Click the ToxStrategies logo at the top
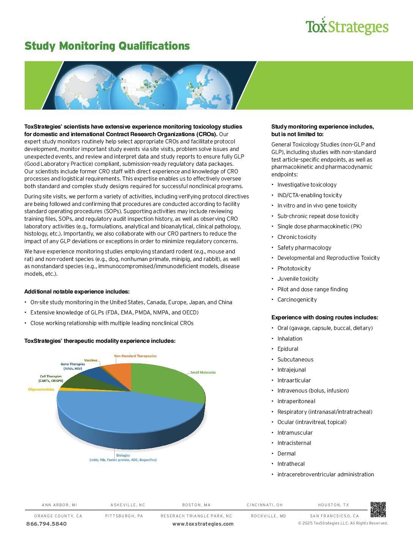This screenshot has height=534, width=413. (x=347, y=27)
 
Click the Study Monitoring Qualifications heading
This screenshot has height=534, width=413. (x=107, y=46)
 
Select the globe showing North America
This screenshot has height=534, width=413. (x=147, y=87)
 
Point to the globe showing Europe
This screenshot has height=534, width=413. (x=203, y=87)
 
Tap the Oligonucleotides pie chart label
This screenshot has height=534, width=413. (x=41, y=390)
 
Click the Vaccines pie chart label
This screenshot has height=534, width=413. (x=91, y=360)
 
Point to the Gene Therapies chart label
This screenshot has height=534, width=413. (x=73, y=366)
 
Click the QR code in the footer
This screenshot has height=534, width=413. (x=378, y=509)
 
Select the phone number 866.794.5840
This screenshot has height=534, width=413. (x=46, y=524)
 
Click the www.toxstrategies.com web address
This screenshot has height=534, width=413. (x=203, y=524)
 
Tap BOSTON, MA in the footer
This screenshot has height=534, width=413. (x=196, y=505)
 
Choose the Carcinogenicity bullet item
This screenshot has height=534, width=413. (x=297, y=300)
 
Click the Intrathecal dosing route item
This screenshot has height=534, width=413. (x=291, y=464)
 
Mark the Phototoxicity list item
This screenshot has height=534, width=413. (x=294, y=269)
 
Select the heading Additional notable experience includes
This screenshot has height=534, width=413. (x=77, y=292)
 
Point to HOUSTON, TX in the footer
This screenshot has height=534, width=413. (x=333, y=505)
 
